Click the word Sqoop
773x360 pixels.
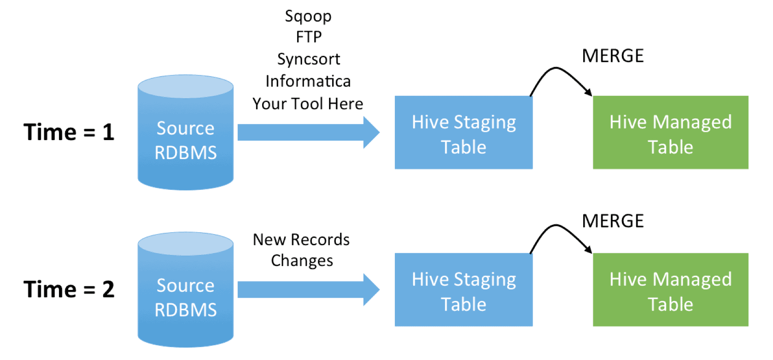308,17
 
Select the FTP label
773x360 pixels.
309,37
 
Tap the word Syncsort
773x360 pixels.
309,59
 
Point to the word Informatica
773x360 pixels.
308,81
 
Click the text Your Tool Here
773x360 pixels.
308,104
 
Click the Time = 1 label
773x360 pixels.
69,132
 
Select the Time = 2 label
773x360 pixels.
69,289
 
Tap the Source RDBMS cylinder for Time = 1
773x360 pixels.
185,138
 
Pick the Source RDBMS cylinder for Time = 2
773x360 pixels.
185,295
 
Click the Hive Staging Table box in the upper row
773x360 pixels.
463,133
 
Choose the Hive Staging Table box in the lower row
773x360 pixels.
463,290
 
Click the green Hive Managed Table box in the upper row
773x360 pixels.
670,133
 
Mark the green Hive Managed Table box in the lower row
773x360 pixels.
670,290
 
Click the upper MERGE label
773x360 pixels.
613,56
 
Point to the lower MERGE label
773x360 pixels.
613,221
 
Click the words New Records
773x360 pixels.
301,240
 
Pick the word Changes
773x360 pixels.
302,261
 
